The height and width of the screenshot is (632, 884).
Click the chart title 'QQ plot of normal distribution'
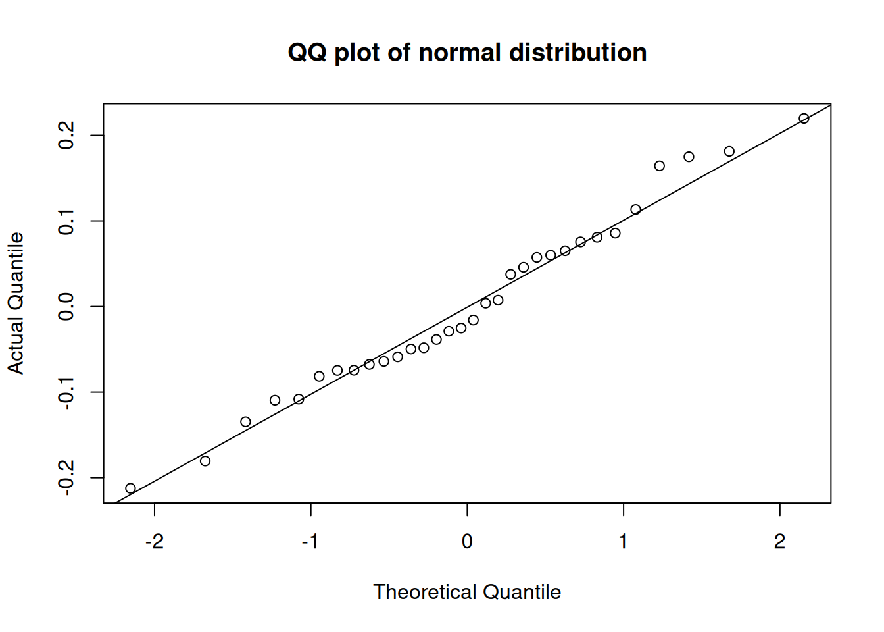[x=467, y=53]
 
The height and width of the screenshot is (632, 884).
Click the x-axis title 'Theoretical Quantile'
[x=467, y=592]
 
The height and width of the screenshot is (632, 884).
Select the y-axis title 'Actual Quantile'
[x=16, y=303]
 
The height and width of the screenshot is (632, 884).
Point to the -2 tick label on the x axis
[x=154, y=542]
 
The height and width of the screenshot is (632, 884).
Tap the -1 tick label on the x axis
[x=310, y=542]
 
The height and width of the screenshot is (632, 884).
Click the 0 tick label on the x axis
[x=467, y=542]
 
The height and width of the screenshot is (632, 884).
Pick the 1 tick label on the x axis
[x=623, y=542]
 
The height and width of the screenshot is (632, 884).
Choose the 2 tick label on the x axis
[x=779, y=542]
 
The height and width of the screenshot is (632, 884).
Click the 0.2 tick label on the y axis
[x=66, y=136]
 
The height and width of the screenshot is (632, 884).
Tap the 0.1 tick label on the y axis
[x=66, y=221]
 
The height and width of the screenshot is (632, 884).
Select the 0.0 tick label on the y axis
[x=66, y=307]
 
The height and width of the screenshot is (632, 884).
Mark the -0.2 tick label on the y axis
[x=66, y=478]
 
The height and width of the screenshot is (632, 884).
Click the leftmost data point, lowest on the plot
[x=130, y=488]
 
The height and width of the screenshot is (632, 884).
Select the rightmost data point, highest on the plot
[x=804, y=118]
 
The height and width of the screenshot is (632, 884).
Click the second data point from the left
[x=205, y=461]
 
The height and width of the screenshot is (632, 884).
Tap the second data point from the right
[x=729, y=151]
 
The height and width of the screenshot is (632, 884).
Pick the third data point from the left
[x=245, y=422]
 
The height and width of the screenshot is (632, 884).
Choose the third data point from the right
[x=689, y=157]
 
